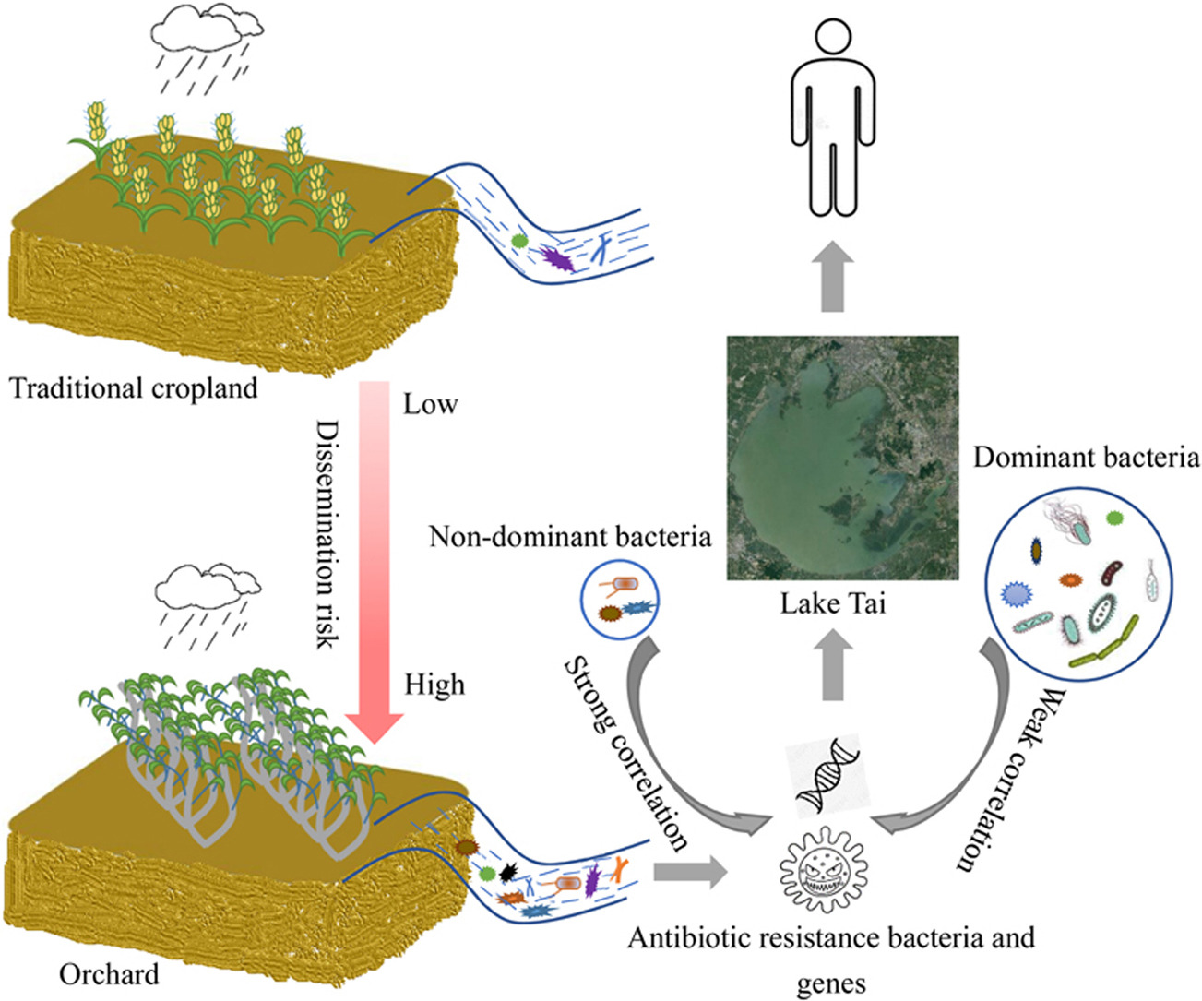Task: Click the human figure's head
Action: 833,42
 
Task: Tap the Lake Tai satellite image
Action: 842,458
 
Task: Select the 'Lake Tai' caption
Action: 832,603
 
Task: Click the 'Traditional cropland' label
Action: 134,388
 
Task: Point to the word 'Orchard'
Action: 109,973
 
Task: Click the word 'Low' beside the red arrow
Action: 430,404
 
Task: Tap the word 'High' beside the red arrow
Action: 434,685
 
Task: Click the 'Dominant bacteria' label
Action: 1086,458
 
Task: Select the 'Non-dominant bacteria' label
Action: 570,536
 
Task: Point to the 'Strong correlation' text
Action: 626,753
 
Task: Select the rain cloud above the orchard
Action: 208,583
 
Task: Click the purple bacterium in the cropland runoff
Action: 557,257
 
